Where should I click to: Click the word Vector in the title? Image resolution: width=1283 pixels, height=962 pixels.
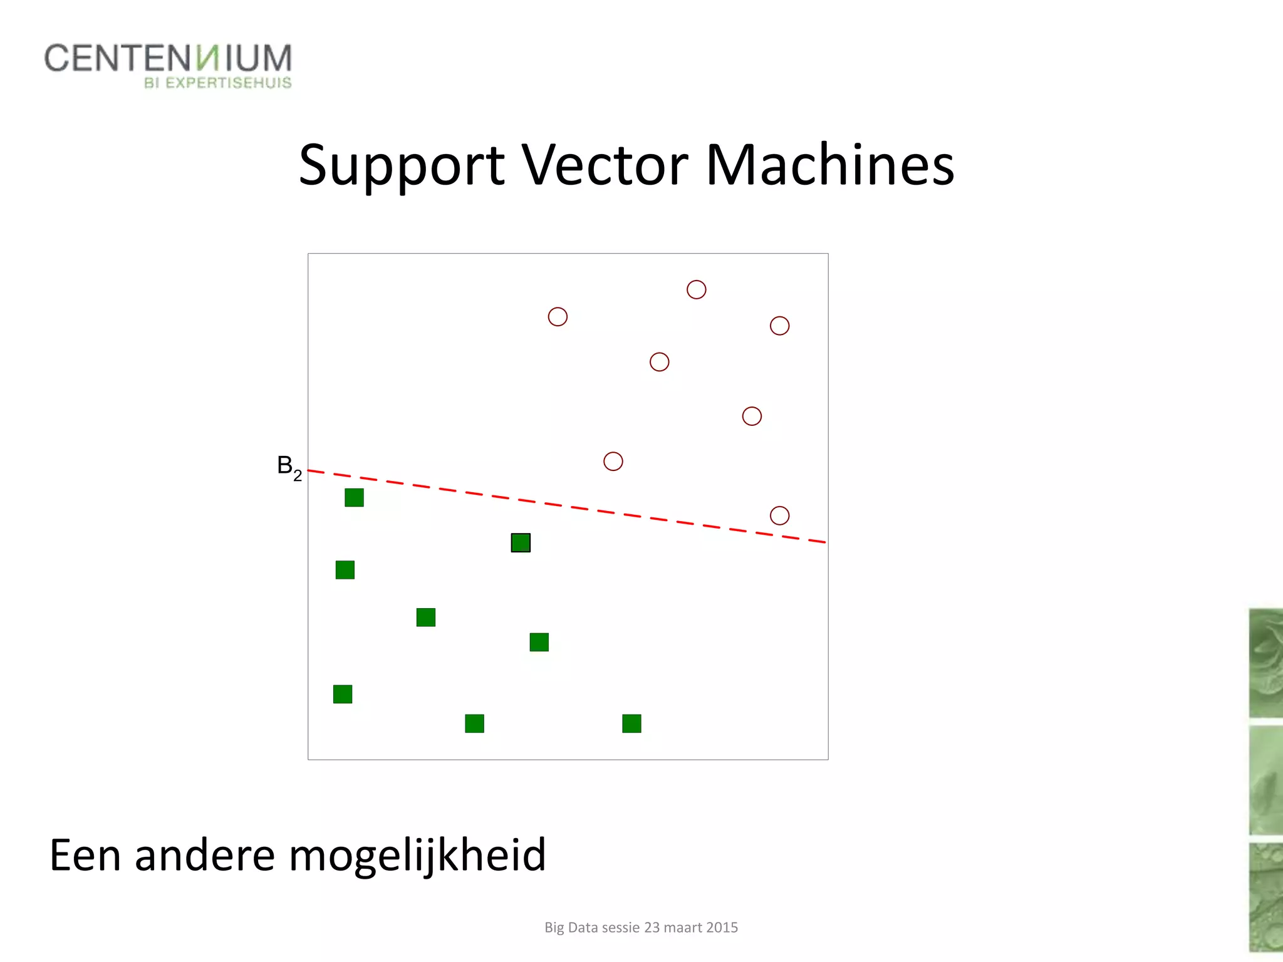(x=605, y=165)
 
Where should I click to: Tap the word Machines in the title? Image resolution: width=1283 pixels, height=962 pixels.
(x=829, y=165)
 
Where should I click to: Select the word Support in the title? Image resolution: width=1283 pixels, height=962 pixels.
(x=401, y=167)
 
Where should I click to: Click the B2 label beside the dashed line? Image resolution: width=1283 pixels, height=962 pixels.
(x=289, y=467)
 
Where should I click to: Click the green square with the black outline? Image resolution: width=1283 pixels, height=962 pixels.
(x=521, y=542)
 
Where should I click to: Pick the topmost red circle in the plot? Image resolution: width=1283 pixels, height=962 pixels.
(x=696, y=289)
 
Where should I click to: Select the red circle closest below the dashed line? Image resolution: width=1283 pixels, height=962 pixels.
(x=779, y=515)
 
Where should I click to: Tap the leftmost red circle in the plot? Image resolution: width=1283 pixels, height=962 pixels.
(x=558, y=317)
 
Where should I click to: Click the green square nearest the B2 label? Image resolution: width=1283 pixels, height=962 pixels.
(x=354, y=497)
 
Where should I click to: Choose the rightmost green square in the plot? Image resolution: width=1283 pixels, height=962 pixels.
(x=631, y=723)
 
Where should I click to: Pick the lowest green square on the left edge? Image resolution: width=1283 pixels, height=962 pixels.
(x=343, y=694)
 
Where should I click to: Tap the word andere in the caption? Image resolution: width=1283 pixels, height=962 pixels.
(x=205, y=856)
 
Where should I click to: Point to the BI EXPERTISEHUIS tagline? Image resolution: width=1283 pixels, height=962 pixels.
(x=217, y=83)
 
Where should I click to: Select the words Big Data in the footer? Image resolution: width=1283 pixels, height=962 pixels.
(x=569, y=928)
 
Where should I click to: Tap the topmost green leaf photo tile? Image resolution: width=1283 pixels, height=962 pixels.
(x=1265, y=663)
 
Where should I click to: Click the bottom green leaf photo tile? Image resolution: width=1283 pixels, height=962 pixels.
(x=1265, y=897)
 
